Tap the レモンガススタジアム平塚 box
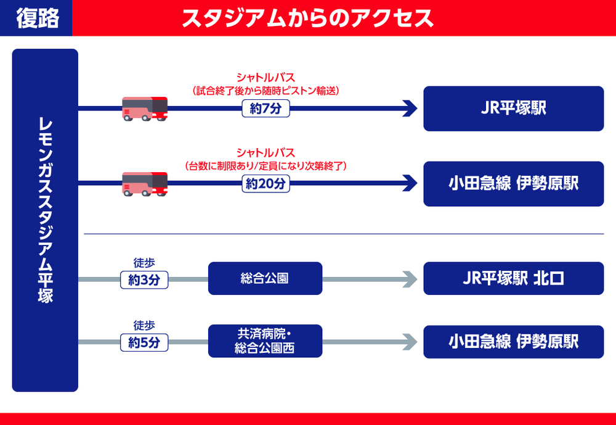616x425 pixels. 45,220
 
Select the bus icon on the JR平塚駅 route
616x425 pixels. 145,109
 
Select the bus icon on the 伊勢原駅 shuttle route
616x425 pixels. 145,183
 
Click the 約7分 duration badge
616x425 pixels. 265,109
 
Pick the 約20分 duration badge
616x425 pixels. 265,184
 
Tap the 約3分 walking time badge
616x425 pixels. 144,279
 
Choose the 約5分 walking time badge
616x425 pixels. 144,342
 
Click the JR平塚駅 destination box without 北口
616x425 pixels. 513,109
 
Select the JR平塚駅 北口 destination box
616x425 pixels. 513,279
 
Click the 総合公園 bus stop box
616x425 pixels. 265,279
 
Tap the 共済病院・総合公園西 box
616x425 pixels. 265,341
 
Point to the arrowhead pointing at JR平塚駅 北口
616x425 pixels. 411,279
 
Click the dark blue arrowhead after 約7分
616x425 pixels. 410,109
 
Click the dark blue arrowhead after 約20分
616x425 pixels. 410,184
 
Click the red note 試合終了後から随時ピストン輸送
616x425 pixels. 266,91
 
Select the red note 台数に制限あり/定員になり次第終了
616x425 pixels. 266,165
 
